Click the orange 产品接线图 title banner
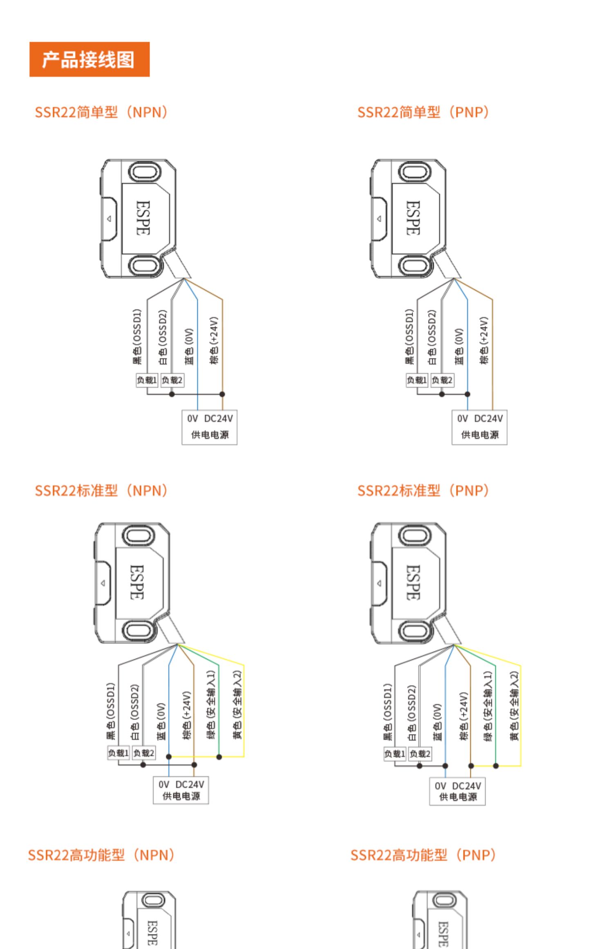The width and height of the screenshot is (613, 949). pyautogui.click(x=89, y=59)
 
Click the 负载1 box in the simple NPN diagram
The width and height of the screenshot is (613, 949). pyautogui.click(x=147, y=380)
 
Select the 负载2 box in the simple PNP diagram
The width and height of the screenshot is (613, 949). pyautogui.click(x=442, y=380)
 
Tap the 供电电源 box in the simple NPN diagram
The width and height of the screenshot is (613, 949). pyautogui.click(x=209, y=427)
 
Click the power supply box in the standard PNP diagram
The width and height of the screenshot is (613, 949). pyautogui.click(x=457, y=791)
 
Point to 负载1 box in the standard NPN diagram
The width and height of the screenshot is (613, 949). pyautogui.click(x=118, y=752)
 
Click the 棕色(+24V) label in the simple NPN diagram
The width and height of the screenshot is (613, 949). pyautogui.click(x=214, y=340)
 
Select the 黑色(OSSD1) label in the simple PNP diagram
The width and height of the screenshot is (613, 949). pyautogui.click(x=409, y=336)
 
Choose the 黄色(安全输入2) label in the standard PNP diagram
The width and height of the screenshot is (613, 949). pyautogui.click(x=514, y=705)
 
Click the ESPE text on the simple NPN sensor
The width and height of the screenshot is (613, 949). pyautogui.click(x=143, y=218)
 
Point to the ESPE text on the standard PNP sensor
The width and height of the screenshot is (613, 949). pyautogui.click(x=413, y=582)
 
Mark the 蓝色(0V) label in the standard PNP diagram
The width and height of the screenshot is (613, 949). pyautogui.click(x=437, y=722)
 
